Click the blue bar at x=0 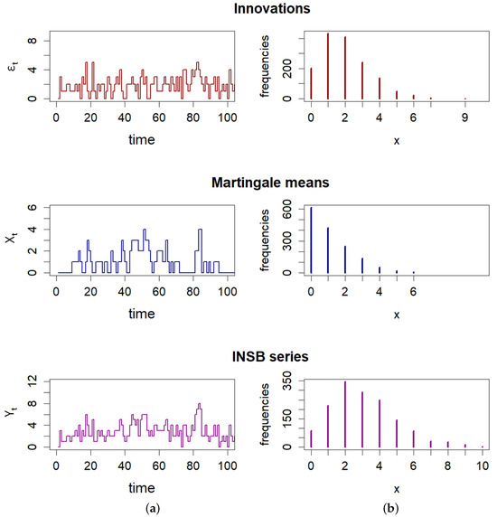[311, 240]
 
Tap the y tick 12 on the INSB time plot [33, 384]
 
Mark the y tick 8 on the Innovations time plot [33, 42]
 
